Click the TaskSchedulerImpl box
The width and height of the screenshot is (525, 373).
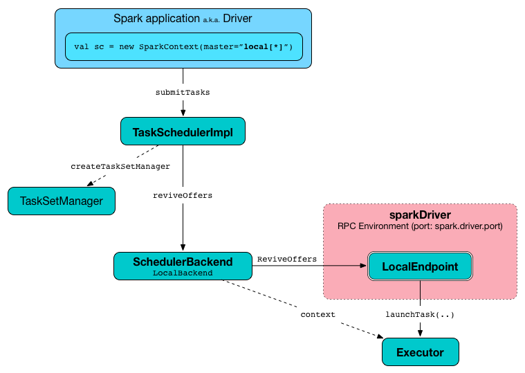pos(183,131)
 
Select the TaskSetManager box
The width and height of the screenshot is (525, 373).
pos(61,201)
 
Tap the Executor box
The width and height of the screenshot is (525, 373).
pos(420,352)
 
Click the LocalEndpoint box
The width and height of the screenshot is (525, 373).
pos(420,266)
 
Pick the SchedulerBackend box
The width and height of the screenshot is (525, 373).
pos(183,266)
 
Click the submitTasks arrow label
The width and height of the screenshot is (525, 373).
pos(183,92)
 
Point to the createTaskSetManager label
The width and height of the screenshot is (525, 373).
pos(120,166)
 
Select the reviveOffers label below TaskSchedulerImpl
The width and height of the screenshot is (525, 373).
pos(183,195)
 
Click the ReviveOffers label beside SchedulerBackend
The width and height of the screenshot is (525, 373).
pos(286,259)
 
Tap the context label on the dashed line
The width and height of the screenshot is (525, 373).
pos(317,314)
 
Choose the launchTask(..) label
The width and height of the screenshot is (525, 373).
pos(420,314)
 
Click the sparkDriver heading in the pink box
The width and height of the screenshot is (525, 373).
pos(420,215)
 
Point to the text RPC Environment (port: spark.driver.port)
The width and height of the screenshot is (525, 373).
pos(420,226)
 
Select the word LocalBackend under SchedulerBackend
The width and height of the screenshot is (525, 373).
pos(183,273)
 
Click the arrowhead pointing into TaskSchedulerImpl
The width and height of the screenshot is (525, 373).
pos(183,112)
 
